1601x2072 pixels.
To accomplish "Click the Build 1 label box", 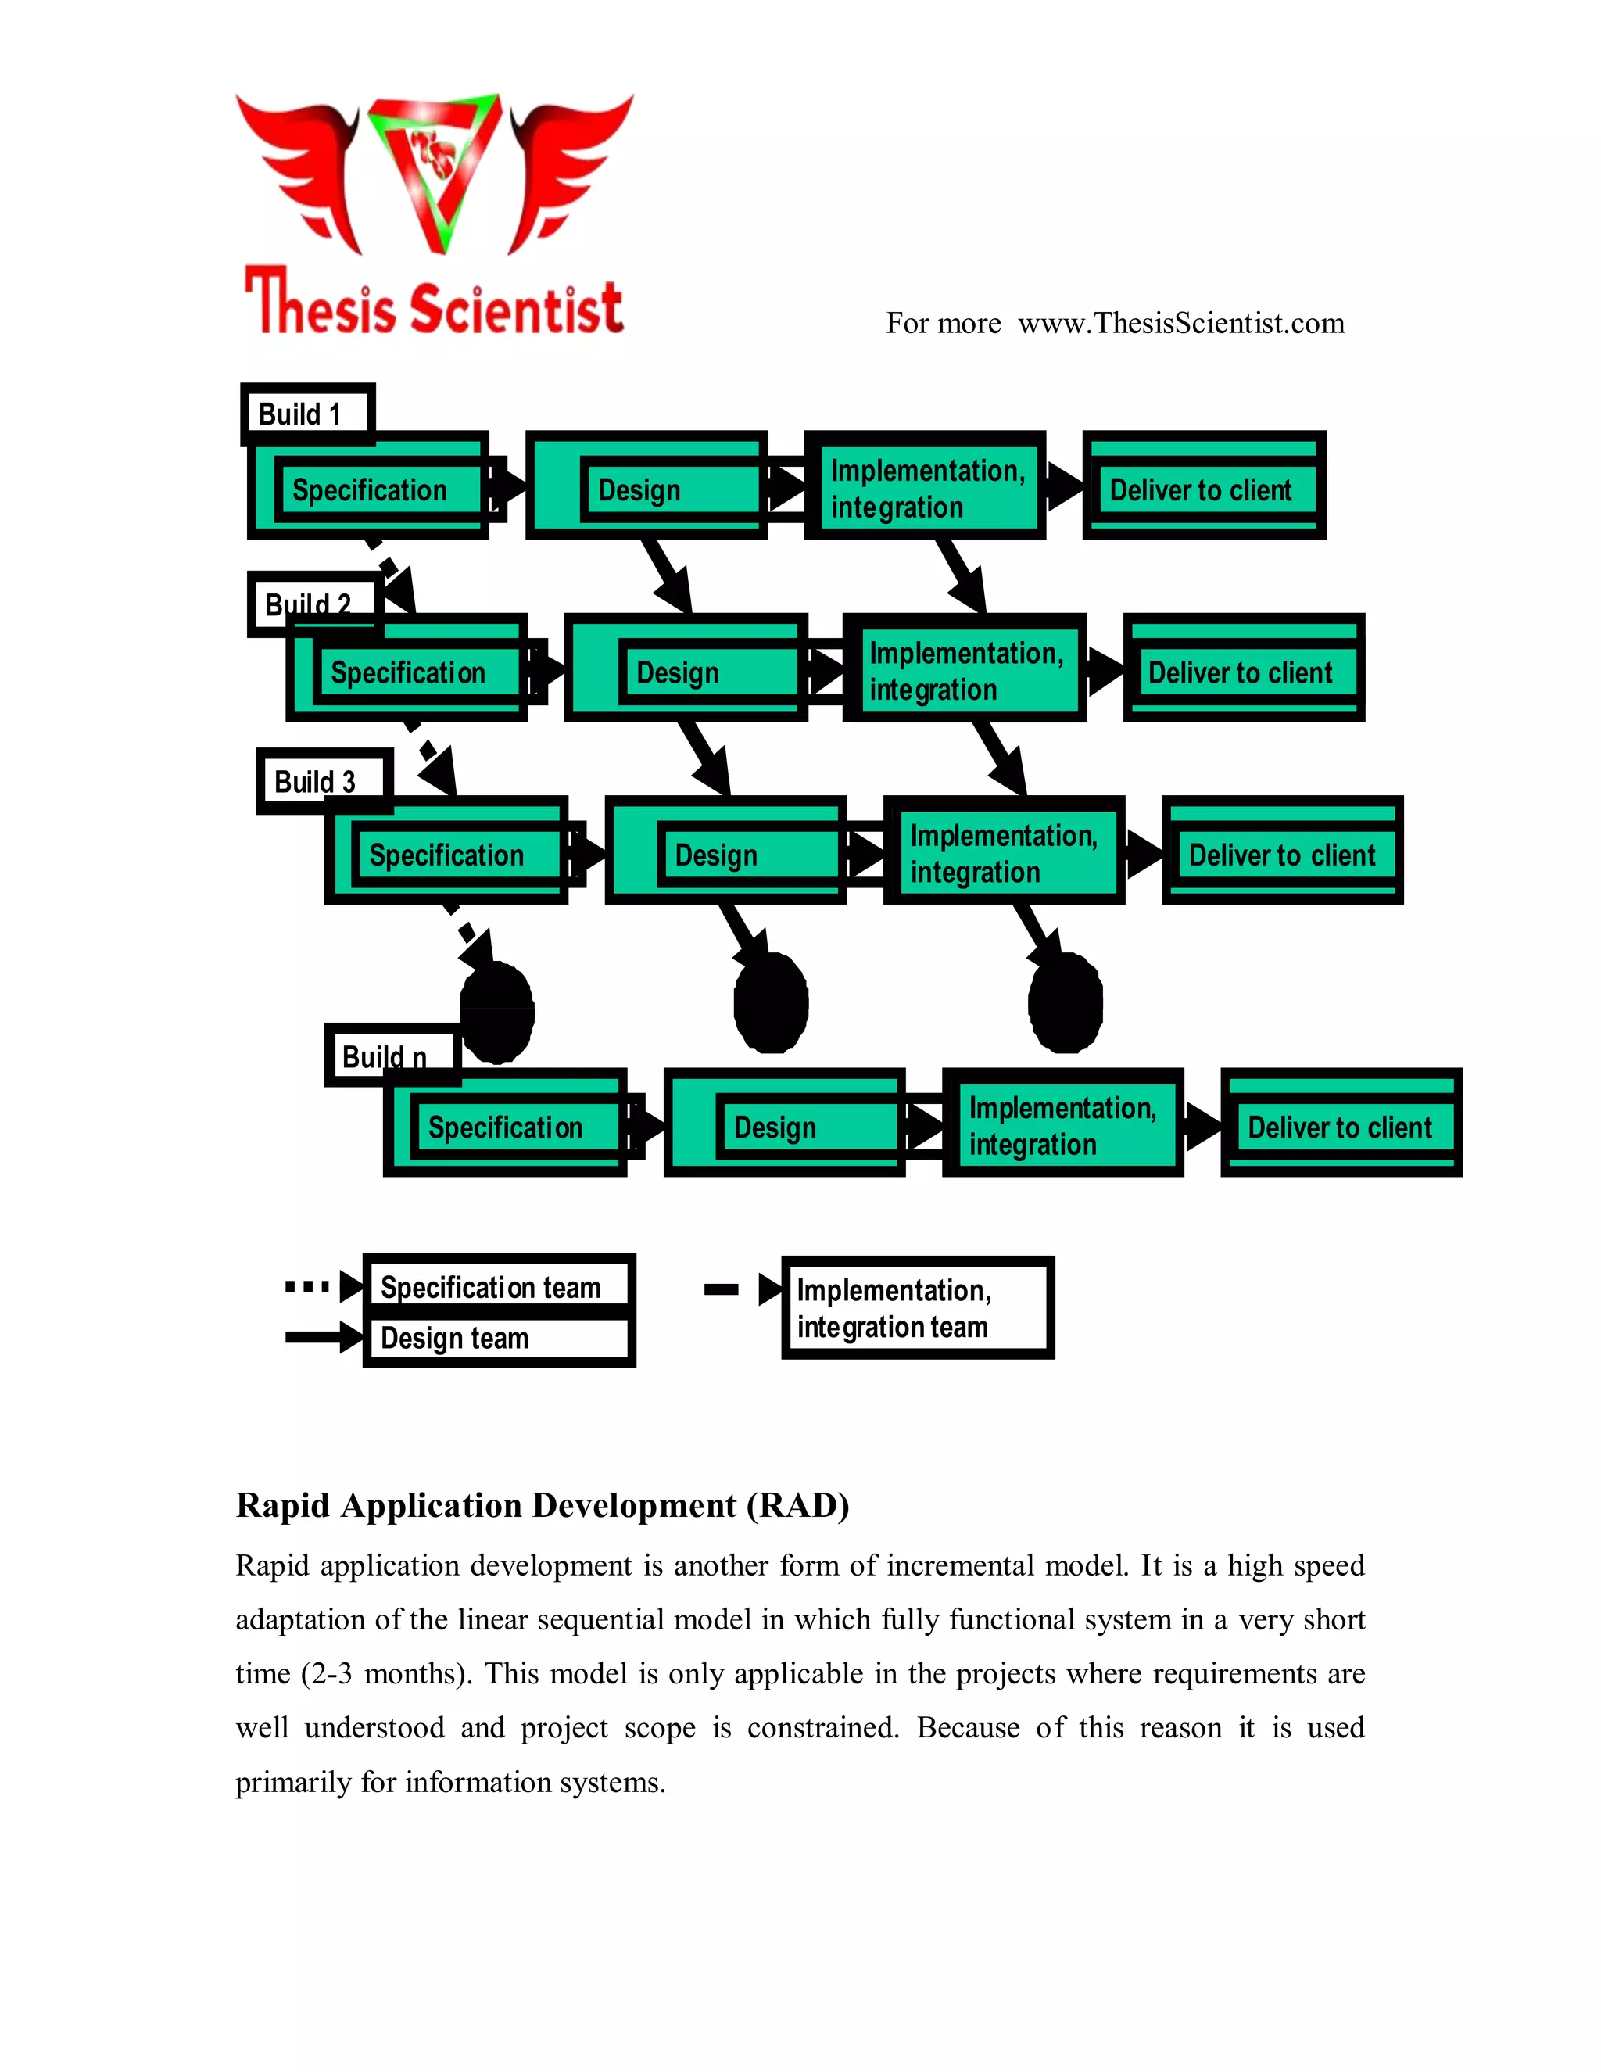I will coord(308,414).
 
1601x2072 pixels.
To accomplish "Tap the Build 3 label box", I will coord(324,781).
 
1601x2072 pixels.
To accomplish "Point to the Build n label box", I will coord(392,1055).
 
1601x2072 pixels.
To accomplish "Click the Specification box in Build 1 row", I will coord(369,489).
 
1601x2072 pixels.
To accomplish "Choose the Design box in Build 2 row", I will coord(685,672).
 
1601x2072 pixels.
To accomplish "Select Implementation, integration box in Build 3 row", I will coord(1004,852).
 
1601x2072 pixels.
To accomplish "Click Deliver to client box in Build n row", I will coord(1340,1125).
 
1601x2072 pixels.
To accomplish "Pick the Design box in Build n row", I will coord(783,1125).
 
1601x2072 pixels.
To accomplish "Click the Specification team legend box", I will coord(498,1285).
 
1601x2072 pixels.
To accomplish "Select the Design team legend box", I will coord(498,1338).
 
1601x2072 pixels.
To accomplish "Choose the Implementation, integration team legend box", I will coord(916,1307).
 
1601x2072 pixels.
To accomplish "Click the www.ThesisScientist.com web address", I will coord(1181,323).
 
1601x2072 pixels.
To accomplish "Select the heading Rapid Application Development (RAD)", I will coord(542,1504).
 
